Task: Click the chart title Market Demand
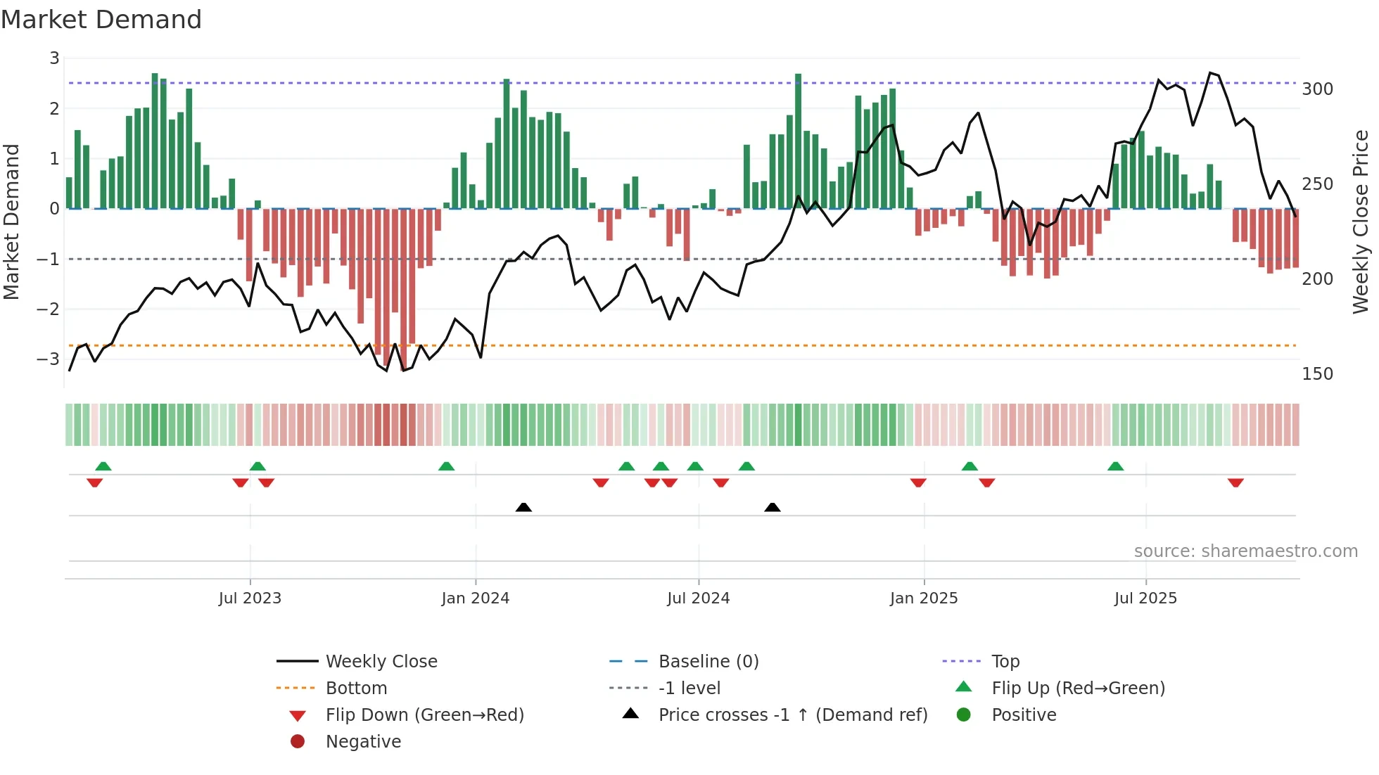pyautogui.click(x=101, y=20)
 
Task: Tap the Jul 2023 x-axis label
pyautogui.click(x=250, y=598)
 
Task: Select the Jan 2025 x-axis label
pyautogui.click(x=924, y=598)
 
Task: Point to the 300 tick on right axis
pyautogui.click(x=1317, y=89)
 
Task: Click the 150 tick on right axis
pyautogui.click(x=1317, y=374)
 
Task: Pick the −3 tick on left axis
pyautogui.click(x=48, y=359)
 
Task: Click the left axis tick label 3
pyautogui.click(x=54, y=58)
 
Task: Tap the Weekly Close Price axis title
pyautogui.click(x=1361, y=222)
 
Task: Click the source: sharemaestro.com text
pyautogui.click(x=1245, y=551)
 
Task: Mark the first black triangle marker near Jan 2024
pyautogui.click(x=523, y=507)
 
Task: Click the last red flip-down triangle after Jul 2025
pyautogui.click(x=1235, y=482)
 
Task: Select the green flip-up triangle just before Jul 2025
pyautogui.click(x=1115, y=466)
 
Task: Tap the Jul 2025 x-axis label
pyautogui.click(x=1145, y=598)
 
